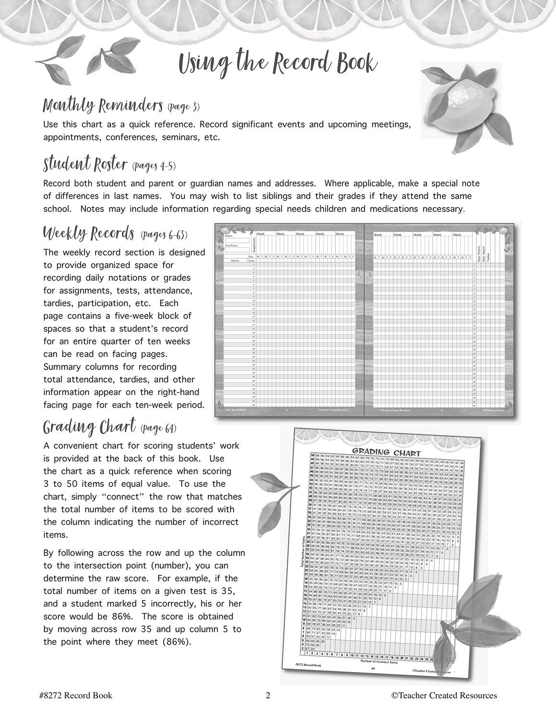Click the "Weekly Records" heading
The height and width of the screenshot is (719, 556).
click(88, 234)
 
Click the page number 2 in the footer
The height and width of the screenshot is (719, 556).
click(268, 695)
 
